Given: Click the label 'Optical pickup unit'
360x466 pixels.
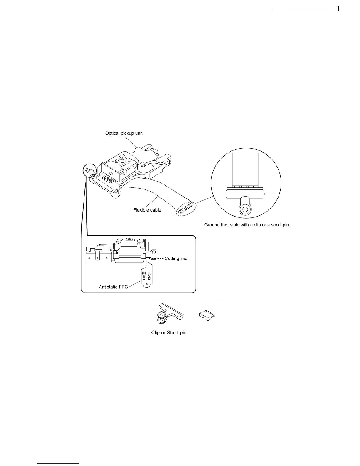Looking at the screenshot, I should (124, 133).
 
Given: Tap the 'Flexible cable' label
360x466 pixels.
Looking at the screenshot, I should (147, 210).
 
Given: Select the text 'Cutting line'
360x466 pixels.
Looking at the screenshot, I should (176, 259).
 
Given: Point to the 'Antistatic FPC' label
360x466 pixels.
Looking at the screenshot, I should (113, 287).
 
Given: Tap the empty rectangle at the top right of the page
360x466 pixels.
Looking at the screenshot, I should (305, 9).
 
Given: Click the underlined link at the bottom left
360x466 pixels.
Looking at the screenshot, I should (58, 464).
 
